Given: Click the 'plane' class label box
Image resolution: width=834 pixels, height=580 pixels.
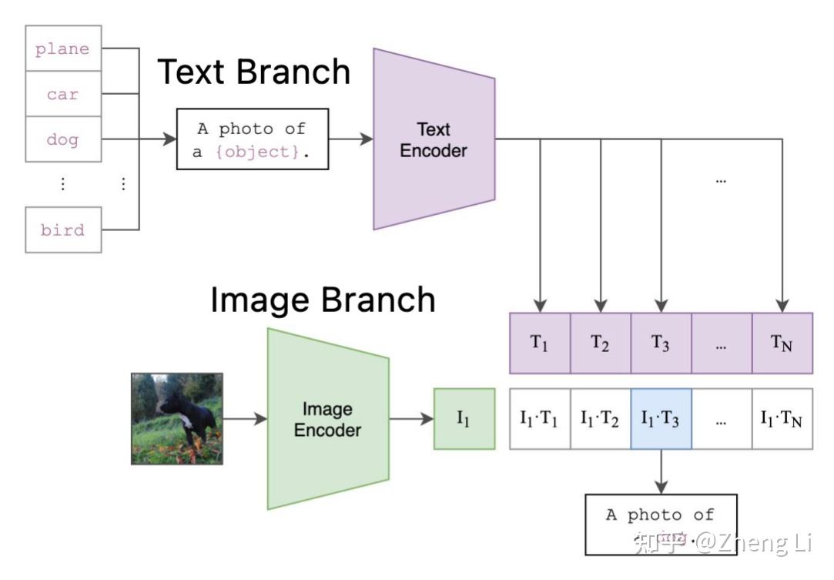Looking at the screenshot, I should [x=63, y=49].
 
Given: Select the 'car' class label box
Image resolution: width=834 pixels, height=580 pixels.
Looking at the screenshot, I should [x=63, y=94].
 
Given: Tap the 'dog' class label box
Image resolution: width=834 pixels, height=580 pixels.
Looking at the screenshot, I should [x=63, y=139].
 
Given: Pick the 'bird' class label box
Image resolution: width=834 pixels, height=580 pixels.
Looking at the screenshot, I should [x=63, y=230].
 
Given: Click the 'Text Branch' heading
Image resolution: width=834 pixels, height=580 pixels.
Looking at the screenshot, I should [x=253, y=72].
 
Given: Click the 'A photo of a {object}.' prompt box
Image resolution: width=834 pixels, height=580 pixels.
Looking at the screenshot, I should [x=253, y=139].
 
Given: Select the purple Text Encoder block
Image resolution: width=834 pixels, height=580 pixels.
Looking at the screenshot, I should [x=433, y=139].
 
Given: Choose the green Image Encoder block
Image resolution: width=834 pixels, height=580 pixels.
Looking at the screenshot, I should [x=327, y=419].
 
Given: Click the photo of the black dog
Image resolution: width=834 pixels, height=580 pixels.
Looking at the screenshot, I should [x=176, y=419].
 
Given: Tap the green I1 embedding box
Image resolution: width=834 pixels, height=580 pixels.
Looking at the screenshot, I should [x=464, y=419].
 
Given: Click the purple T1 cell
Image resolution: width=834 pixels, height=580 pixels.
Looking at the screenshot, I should [x=540, y=343].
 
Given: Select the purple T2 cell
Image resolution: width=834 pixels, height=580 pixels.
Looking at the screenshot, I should [x=600, y=343].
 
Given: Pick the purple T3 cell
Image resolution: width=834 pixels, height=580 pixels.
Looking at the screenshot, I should [x=661, y=343].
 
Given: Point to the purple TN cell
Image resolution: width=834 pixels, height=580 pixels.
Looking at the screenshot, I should [x=782, y=343].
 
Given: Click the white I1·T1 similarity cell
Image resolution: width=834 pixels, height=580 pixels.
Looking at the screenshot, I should [x=540, y=419].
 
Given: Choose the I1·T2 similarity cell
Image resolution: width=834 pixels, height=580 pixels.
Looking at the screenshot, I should [x=600, y=419].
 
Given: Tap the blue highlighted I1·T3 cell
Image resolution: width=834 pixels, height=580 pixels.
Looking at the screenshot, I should [x=661, y=419].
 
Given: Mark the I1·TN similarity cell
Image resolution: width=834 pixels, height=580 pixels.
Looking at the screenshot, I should [x=782, y=419].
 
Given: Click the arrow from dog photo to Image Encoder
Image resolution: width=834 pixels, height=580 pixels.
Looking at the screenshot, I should [x=245, y=419].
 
